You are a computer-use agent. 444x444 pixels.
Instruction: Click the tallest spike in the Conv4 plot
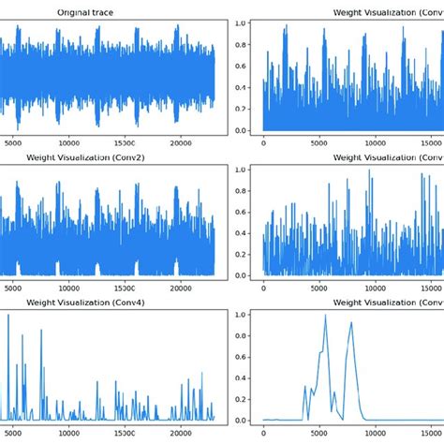click(8, 316)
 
